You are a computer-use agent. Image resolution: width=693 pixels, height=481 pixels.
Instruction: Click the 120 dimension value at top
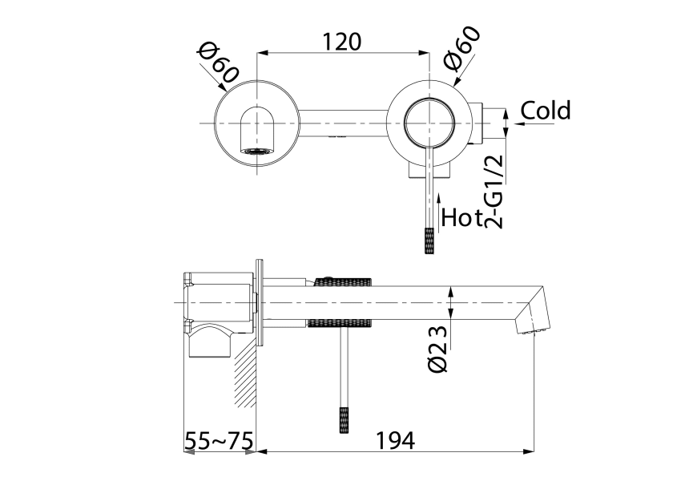[x=341, y=40]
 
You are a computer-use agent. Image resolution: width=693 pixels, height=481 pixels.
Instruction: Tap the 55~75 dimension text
[x=219, y=440]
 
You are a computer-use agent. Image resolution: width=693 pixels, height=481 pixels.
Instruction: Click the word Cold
[x=546, y=111]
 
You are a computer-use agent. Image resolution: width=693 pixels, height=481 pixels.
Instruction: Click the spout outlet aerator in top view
[x=256, y=149]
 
